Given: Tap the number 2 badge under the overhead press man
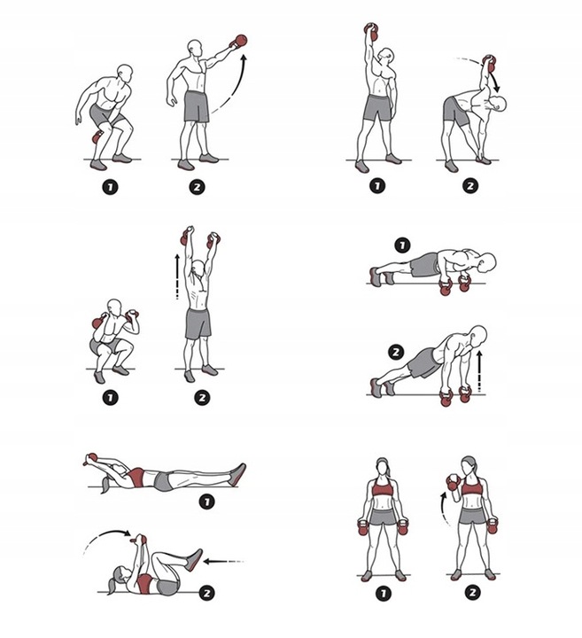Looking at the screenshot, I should click(200, 398).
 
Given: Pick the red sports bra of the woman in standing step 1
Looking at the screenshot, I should click(381, 489).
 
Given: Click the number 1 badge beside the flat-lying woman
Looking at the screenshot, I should click(207, 502).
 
